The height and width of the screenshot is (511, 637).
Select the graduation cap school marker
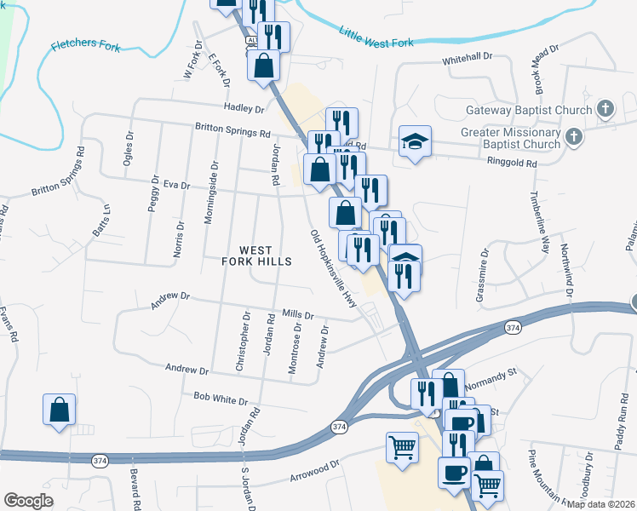415,141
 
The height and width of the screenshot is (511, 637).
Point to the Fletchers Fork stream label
85,44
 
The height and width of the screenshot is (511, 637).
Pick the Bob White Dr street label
220,399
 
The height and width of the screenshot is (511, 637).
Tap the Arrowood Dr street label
315,468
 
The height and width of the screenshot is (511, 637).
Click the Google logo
28,501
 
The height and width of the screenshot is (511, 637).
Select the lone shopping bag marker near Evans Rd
60,410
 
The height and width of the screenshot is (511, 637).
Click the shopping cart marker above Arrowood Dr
402,446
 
